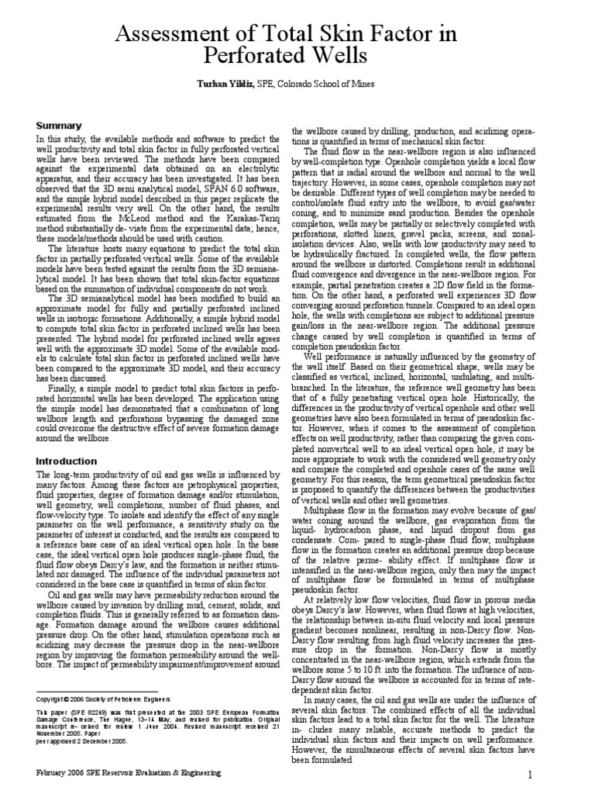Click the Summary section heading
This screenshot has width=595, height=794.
60,126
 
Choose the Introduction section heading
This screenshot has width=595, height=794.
67,461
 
